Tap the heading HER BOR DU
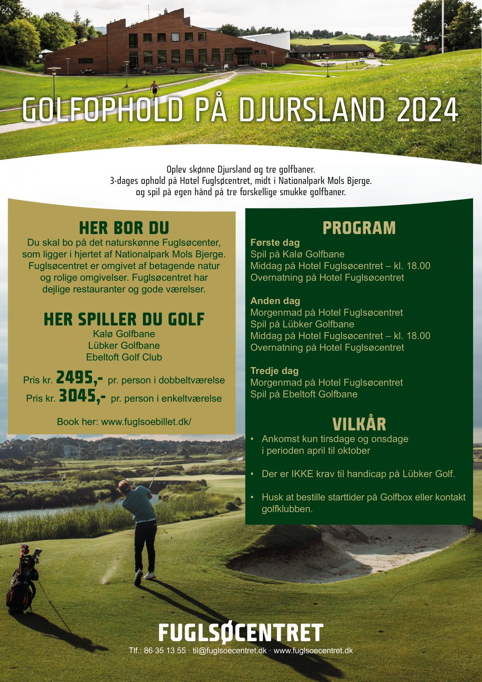(124, 228)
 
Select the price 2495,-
(80, 377)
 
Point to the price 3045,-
(82, 396)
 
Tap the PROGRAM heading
(359, 228)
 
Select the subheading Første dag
(275, 243)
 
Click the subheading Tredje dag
(274, 371)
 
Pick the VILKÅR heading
(359, 424)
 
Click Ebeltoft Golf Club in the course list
(124, 357)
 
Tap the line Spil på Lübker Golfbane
(302, 324)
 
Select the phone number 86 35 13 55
(165, 651)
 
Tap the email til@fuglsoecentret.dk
(230, 651)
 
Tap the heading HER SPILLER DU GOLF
(124, 319)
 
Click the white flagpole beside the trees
(442, 27)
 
